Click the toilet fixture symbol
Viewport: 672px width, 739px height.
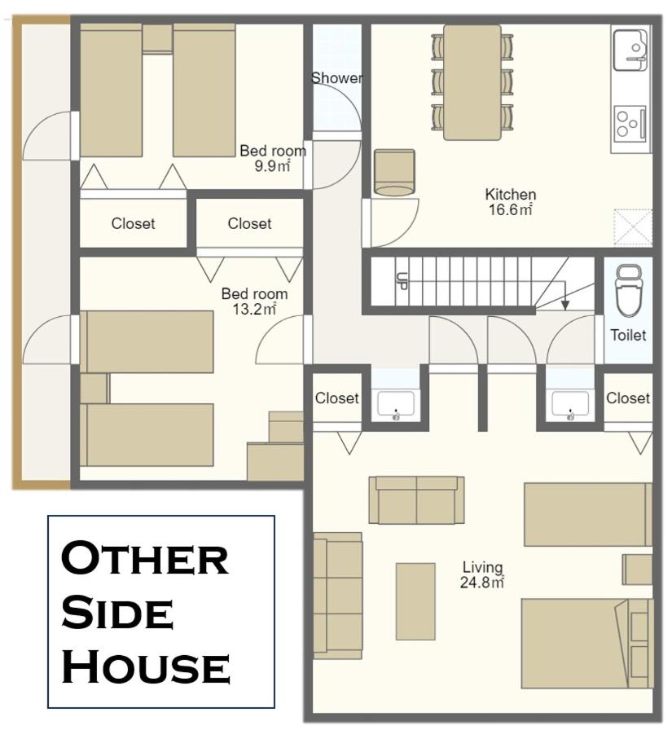tap(630, 290)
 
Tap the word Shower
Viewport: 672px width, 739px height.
tap(337, 77)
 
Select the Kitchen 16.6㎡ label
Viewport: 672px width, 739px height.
tap(511, 202)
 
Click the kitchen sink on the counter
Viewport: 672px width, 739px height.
tap(630, 50)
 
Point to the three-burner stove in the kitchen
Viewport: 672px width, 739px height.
tap(630, 122)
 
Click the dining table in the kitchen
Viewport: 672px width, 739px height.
tap(472, 82)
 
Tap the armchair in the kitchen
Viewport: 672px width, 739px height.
tap(394, 173)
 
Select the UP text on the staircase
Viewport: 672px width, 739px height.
tap(402, 281)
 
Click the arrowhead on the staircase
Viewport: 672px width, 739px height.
tap(565, 306)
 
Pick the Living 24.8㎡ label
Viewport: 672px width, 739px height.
tap(482, 574)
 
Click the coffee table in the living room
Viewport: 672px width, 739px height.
tap(415, 601)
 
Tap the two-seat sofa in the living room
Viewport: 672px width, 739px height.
tap(416, 500)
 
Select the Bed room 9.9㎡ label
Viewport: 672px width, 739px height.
tap(273, 158)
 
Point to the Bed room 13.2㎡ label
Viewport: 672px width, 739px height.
tap(254, 301)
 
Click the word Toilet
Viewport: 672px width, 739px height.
tap(628, 335)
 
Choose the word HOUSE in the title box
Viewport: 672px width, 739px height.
tap(146, 666)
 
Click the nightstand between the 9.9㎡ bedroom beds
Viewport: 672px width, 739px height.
tap(157, 39)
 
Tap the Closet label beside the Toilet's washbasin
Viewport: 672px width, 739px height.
tap(628, 398)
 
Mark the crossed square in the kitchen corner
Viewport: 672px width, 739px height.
tap(633, 227)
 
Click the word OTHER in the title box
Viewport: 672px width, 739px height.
tap(145, 558)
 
